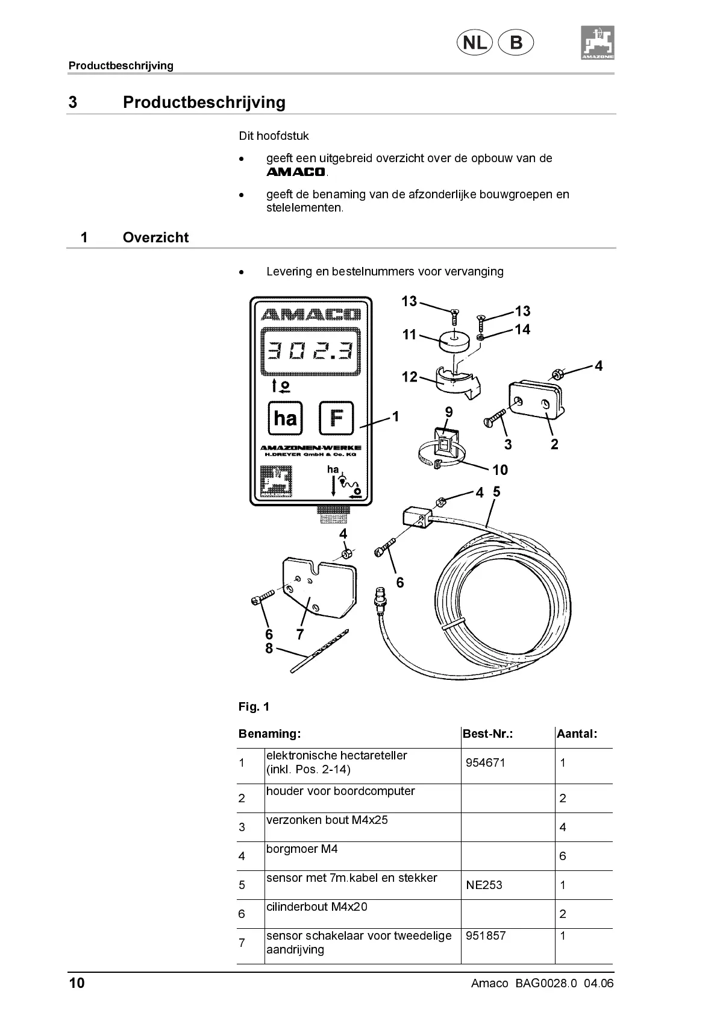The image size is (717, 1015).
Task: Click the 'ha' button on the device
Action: (x=285, y=418)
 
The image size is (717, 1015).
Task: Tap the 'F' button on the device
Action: (x=336, y=418)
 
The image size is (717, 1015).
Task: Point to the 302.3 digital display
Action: (x=311, y=351)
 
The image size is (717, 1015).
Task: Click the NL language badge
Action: (x=475, y=43)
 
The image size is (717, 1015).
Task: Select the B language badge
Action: (x=516, y=43)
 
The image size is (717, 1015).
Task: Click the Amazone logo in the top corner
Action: (x=598, y=43)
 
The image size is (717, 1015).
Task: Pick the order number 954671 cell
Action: (x=486, y=762)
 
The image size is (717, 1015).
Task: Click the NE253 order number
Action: (x=484, y=885)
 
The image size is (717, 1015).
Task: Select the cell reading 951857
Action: (x=486, y=935)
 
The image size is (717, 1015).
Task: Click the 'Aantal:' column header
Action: (x=577, y=734)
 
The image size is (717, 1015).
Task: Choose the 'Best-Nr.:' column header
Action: (x=487, y=734)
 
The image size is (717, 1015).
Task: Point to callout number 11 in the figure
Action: (x=410, y=335)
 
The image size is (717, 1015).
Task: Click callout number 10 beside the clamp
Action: (x=500, y=470)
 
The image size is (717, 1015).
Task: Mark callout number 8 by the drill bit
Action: (x=269, y=649)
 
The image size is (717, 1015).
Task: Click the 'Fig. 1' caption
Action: (x=254, y=706)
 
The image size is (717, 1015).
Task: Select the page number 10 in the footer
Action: (x=77, y=983)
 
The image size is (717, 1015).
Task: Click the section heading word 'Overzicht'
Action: (x=155, y=237)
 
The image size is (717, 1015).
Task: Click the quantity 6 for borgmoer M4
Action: (x=563, y=856)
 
